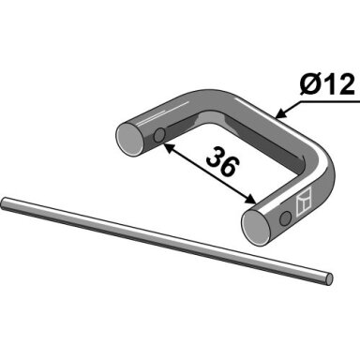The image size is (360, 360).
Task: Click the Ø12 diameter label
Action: [327, 84]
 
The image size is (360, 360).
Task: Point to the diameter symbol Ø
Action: [309, 84]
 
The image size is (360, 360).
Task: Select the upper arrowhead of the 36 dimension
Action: [167, 146]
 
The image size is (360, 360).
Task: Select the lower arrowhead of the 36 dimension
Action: [250, 199]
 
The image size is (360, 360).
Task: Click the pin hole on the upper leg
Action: [159, 135]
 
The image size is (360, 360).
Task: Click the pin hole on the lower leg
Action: [285, 218]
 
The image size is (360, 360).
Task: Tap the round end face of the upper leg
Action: [128, 140]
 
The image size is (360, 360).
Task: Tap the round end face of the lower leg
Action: [256, 228]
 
